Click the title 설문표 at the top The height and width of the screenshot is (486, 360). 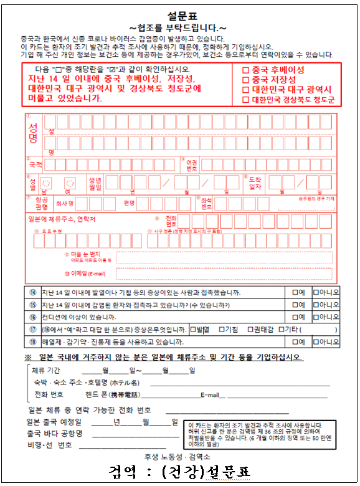coord(181,15)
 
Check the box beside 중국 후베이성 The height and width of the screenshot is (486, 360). coord(245,70)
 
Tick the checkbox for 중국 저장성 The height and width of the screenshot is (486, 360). coord(245,80)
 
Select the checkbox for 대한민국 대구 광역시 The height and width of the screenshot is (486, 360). coord(245,90)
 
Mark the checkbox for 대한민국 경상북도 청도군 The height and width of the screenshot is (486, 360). coord(245,100)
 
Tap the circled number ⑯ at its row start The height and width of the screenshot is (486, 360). coord(32,317)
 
